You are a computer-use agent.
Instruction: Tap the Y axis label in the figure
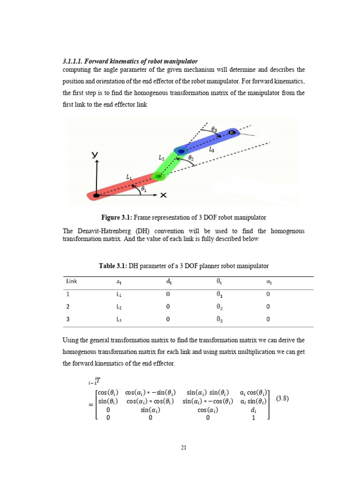[95, 154]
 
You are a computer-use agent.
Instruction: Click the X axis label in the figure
[163, 195]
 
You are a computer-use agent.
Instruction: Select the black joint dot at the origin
[96, 195]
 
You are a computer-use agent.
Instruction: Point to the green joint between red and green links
[158, 177]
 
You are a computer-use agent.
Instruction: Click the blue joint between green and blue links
[180, 151]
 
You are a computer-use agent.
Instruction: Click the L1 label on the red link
[129, 177]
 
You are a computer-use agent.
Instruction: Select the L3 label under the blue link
[212, 150]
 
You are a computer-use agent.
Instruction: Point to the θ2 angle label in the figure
[191, 158]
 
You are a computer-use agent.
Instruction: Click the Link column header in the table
[72, 281]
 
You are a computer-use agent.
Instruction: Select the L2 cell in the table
[120, 307]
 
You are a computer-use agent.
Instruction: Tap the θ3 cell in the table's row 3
[219, 320]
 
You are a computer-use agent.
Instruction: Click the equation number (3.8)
[282, 398]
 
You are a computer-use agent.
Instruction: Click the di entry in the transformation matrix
[253, 410]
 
